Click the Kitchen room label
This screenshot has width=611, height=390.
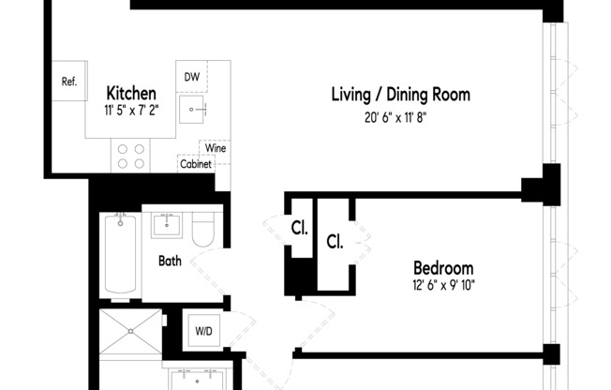coord(130,94)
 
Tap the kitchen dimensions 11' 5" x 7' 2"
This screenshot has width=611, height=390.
coord(130,111)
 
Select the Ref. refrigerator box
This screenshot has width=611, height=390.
coord(69,82)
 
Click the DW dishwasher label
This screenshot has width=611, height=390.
coord(191,77)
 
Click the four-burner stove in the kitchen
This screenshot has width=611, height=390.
coord(131,155)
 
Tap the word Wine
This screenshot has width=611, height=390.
coord(215,148)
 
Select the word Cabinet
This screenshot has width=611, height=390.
coord(196,164)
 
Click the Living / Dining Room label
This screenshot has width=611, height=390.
coord(400,95)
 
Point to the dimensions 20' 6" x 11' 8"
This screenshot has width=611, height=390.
coord(400,118)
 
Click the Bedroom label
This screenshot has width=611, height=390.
coord(443,267)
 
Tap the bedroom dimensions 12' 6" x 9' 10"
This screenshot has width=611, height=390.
coord(443,285)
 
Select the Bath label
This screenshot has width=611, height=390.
coord(170,261)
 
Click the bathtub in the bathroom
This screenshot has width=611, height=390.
coord(119,253)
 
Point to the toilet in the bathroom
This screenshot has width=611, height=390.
coord(203,230)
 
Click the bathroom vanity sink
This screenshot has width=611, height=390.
coord(171,226)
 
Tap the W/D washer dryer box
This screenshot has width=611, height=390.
coord(202,331)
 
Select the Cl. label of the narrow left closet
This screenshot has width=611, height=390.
coord(299,228)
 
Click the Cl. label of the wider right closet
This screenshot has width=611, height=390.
coord(335,241)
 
